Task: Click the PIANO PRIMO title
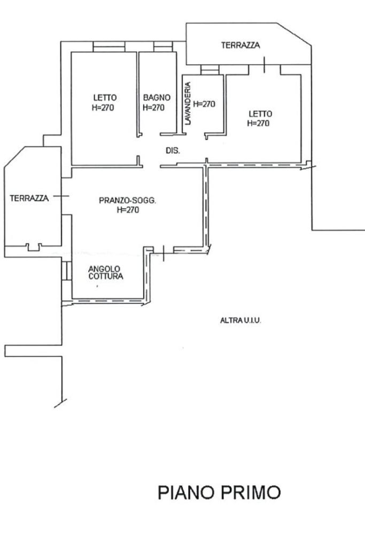(x=219, y=492)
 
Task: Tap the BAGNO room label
(x=157, y=97)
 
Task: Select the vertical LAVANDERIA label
(x=188, y=103)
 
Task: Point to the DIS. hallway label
(x=173, y=151)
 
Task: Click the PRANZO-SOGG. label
(x=128, y=200)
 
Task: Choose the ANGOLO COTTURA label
(x=106, y=273)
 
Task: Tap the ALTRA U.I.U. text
(x=240, y=320)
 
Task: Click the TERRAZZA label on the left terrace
(x=29, y=198)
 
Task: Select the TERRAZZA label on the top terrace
(x=240, y=45)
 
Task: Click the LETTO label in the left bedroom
(x=105, y=97)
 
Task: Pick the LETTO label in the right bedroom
(x=260, y=113)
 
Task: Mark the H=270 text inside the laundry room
(x=204, y=104)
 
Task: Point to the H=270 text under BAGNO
(x=154, y=107)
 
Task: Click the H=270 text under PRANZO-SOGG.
(x=128, y=210)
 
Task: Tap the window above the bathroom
(x=163, y=47)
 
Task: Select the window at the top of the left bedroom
(x=109, y=47)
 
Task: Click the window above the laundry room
(x=210, y=70)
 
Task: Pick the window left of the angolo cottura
(x=67, y=271)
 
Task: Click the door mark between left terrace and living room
(x=61, y=196)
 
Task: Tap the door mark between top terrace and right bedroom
(x=265, y=65)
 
